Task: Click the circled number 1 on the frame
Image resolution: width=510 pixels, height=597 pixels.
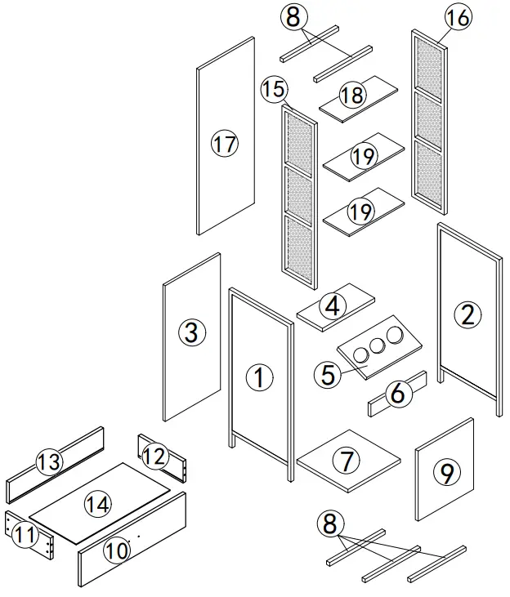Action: (259, 377)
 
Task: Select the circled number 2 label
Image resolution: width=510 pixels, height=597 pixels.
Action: (467, 314)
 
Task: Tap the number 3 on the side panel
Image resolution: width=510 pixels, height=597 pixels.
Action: (190, 332)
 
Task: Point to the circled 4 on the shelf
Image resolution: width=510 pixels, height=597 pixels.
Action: (331, 306)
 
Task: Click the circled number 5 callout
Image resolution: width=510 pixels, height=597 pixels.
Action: (327, 375)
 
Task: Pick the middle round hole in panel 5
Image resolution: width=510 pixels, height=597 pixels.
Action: (378, 345)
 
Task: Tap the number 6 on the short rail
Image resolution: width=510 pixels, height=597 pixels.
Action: (398, 394)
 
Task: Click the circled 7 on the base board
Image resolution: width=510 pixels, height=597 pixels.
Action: (348, 461)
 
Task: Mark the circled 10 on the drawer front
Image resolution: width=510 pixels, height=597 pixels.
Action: (117, 551)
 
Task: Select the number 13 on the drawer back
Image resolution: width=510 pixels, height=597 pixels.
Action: (49, 462)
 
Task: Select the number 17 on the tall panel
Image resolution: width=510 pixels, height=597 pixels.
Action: (223, 145)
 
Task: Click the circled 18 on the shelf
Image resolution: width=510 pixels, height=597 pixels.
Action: (352, 96)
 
